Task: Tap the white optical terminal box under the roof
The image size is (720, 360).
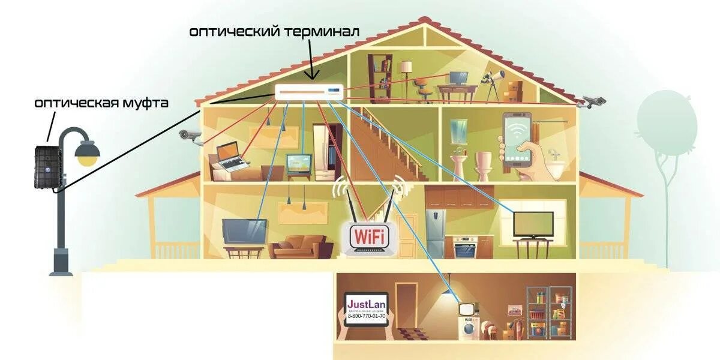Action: pyautogui.click(x=309, y=92)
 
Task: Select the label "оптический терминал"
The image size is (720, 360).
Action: pyautogui.click(x=274, y=32)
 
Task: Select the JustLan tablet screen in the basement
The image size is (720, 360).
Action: pyautogui.click(x=367, y=308)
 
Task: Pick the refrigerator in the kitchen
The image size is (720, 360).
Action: pyautogui.click(x=436, y=233)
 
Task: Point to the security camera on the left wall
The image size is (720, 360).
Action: pyautogui.click(x=191, y=136)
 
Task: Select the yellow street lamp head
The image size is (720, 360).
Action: pyautogui.click(x=87, y=154)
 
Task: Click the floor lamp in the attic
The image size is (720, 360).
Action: pyautogui.click(x=407, y=75)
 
